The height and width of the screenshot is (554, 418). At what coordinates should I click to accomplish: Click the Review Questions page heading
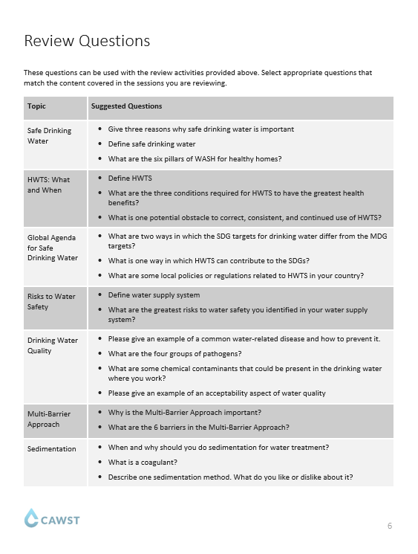tap(87, 40)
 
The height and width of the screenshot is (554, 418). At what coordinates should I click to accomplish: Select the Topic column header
tap(36, 106)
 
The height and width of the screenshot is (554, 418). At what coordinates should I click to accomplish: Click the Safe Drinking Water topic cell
tap(49, 135)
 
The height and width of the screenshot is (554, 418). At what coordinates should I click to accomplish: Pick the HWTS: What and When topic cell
tap(49, 184)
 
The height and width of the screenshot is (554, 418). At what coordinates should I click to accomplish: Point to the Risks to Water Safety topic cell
tap(51, 301)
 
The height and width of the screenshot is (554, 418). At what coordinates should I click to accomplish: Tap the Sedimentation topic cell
tap(51, 448)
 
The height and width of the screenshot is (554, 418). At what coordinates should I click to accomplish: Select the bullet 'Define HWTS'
tap(130, 179)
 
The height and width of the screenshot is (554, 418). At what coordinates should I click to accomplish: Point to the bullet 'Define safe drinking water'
tap(151, 144)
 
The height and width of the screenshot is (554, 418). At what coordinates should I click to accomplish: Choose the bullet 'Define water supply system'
tap(154, 295)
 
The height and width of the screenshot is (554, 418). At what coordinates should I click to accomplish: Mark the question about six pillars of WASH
tap(195, 158)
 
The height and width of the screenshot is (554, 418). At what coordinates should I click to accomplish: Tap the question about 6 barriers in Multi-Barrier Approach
tap(198, 427)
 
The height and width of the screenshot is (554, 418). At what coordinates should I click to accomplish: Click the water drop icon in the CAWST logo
tap(30, 518)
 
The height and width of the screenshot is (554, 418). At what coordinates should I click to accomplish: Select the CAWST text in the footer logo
tap(59, 519)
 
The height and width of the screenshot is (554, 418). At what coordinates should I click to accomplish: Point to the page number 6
tap(389, 526)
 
